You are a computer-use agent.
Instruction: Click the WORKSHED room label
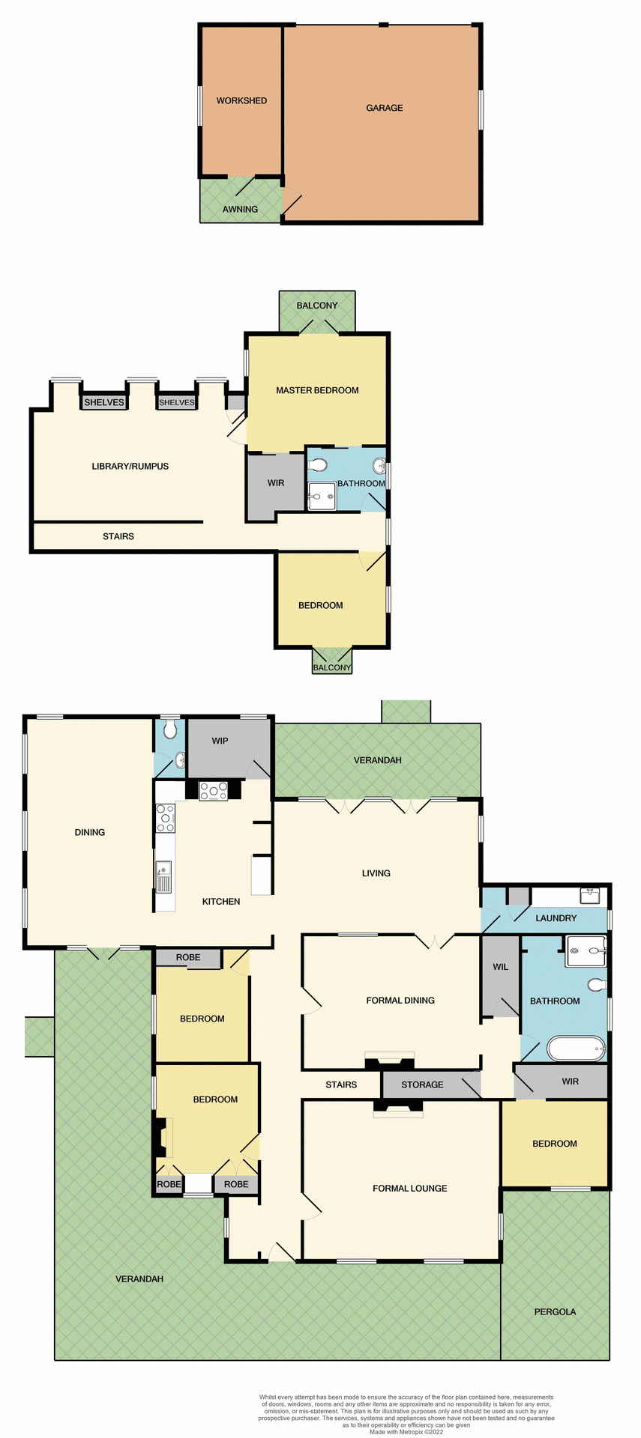241,100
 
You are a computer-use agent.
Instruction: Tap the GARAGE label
385,108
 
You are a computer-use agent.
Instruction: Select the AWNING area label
240,209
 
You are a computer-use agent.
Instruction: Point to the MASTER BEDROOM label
317,390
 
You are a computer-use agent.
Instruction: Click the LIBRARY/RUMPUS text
130,466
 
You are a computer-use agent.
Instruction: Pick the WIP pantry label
220,741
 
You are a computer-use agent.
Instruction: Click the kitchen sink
163,876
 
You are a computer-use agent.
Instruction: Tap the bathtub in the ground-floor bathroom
577,1049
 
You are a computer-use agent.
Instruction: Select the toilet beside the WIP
170,729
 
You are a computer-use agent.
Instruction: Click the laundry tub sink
590,895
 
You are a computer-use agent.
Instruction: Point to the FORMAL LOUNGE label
410,1188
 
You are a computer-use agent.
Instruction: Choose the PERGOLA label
555,1311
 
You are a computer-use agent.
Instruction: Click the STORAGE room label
422,1084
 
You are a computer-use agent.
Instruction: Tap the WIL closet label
500,967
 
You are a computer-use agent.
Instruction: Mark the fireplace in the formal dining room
389,1061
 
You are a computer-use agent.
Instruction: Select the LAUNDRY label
556,918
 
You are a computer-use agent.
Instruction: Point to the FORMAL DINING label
400,1000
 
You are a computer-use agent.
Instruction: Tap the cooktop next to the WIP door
213,791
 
